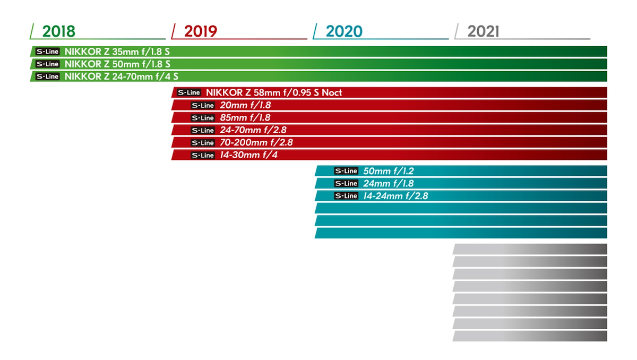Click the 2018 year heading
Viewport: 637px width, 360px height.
click(58, 31)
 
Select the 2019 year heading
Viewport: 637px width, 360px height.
click(200, 31)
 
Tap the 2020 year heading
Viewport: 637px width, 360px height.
click(343, 31)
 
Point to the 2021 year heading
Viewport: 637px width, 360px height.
click(483, 31)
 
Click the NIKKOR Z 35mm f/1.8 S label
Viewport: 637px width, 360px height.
click(117, 52)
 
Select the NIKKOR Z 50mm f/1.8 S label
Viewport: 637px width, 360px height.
click(117, 64)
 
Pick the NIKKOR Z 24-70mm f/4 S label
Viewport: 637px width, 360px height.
click(121, 76)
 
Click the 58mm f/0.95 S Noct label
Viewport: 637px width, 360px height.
click(274, 93)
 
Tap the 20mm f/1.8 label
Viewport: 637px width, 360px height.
click(245, 105)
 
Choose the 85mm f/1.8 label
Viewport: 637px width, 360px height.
click(245, 118)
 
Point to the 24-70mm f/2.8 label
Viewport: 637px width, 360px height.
click(253, 130)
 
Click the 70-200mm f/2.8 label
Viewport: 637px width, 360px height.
click(256, 143)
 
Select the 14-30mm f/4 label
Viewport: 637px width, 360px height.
click(248, 155)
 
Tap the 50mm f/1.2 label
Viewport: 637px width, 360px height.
click(388, 171)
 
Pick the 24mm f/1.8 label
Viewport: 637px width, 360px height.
click(388, 184)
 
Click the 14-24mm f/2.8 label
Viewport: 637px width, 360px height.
click(395, 196)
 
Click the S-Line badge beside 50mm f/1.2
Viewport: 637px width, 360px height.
click(346, 171)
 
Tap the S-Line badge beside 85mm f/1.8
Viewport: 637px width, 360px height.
click(203, 118)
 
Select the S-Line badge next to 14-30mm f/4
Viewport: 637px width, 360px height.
click(203, 155)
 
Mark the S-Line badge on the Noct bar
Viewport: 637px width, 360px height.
click(189, 93)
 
